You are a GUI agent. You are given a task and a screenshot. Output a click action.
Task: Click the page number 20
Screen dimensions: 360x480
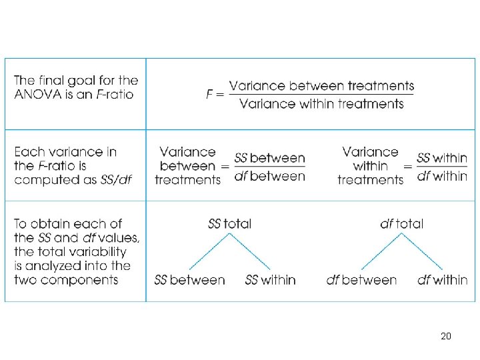click(x=446, y=336)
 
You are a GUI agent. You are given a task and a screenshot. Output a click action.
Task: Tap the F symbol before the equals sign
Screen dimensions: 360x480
click(x=211, y=95)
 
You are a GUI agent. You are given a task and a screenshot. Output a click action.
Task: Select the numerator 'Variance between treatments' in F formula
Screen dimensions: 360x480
click(x=321, y=86)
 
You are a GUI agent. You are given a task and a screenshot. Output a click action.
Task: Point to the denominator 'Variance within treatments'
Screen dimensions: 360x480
click(x=321, y=104)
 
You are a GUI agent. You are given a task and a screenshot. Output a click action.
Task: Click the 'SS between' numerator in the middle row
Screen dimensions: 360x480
click(x=270, y=159)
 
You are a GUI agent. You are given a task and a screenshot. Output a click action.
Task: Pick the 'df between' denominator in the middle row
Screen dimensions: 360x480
click(x=270, y=177)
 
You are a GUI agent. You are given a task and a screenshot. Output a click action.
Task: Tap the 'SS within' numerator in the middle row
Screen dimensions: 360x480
click(x=442, y=159)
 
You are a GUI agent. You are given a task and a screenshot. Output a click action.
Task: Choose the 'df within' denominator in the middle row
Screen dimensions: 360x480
click(x=442, y=177)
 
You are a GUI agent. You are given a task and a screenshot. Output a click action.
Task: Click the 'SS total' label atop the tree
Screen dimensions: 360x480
click(x=230, y=224)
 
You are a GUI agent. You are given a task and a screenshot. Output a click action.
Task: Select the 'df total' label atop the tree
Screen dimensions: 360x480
click(x=401, y=224)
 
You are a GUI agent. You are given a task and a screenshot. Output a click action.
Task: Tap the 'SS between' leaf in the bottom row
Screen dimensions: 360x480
click(x=189, y=280)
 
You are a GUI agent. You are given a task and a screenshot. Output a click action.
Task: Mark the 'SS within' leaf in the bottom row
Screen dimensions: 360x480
click(x=270, y=280)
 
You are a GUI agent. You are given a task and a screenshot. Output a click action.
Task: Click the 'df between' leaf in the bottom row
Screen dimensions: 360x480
click(x=361, y=280)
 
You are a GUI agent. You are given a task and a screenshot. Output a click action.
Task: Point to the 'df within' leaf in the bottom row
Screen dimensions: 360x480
click(x=442, y=280)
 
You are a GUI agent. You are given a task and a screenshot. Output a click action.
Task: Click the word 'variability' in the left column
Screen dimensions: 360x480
click(x=97, y=252)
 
